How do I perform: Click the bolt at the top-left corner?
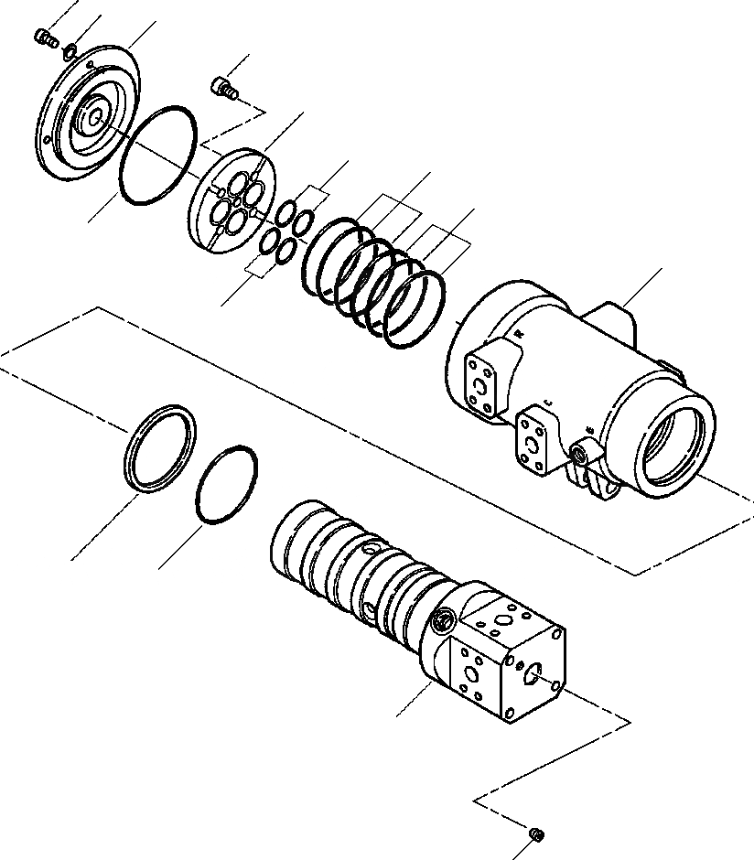[42, 37]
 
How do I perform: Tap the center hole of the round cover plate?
[92, 117]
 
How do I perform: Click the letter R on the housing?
[519, 336]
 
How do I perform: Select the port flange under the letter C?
[533, 443]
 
